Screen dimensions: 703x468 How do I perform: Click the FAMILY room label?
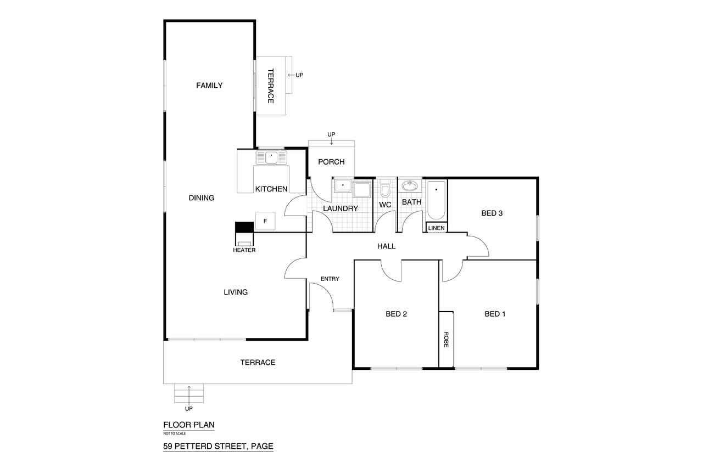pyautogui.click(x=209, y=85)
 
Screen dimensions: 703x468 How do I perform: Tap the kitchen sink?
pyautogui.click(x=271, y=157)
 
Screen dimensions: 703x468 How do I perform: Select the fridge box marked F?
pyautogui.click(x=265, y=221)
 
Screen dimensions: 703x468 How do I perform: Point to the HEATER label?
pyautogui.click(x=244, y=250)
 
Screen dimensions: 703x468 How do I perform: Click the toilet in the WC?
pyautogui.click(x=385, y=188)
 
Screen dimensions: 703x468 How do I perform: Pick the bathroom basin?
pyautogui.click(x=410, y=185)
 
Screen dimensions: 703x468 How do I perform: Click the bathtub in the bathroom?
pyautogui.click(x=436, y=200)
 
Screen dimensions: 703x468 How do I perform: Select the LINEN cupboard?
pyautogui.click(x=436, y=227)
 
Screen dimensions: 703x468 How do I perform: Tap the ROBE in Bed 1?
pyautogui.click(x=446, y=339)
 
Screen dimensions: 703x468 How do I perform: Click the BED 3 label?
pyautogui.click(x=492, y=213)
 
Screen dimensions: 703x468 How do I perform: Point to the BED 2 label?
pyautogui.click(x=396, y=314)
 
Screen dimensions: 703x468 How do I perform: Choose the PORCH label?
pyautogui.click(x=331, y=162)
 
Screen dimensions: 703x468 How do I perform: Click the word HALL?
pyautogui.click(x=386, y=246)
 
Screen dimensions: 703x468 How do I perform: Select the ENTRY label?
pyautogui.click(x=330, y=279)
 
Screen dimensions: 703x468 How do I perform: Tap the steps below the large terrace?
pyautogui.click(x=189, y=393)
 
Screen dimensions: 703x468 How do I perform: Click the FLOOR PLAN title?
pyautogui.click(x=189, y=425)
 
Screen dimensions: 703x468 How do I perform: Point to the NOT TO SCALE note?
pyautogui.click(x=175, y=433)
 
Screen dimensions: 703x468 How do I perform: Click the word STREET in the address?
pyautogui.click(x=232, y=446)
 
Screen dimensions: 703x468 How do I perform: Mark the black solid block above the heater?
pyautogui.click(x=244, y=227)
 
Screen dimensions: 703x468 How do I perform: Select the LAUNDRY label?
pyautogui.click(x=341, y=208)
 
